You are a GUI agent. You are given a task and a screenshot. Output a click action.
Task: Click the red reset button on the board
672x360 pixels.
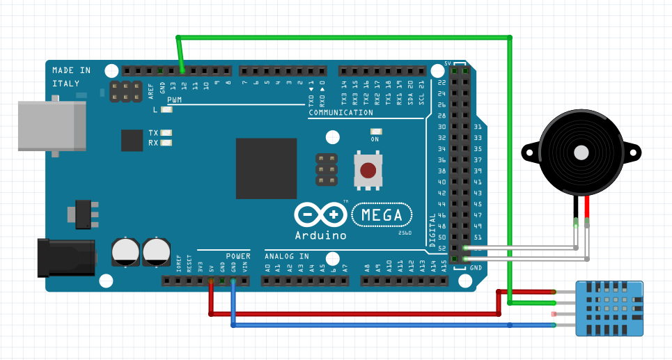pos(368,170)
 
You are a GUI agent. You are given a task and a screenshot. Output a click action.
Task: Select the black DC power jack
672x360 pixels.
pos(65,256)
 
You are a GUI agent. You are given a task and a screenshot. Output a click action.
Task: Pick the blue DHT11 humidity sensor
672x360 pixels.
pos(608,308)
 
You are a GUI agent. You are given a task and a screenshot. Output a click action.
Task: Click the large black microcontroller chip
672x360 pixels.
pos(266,168)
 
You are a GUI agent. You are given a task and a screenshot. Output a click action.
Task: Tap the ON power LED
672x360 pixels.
pos(376,131)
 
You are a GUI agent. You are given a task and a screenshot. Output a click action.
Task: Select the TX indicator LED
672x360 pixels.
pos(166,132)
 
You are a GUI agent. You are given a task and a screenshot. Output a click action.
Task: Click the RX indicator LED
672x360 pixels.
pos(166,143)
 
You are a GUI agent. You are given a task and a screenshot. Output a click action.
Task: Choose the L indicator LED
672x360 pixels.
pos(166,109)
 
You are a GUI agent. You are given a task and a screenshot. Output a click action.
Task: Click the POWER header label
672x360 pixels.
pos(237,256)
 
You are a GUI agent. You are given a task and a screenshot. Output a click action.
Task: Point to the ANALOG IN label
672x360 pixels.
pos(286,256)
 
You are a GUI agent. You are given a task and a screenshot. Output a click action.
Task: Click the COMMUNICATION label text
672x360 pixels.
pos(341,112)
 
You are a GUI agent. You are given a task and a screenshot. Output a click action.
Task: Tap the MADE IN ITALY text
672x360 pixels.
pos(71,77)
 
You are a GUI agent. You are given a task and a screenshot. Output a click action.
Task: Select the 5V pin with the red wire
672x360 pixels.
pos(211,281)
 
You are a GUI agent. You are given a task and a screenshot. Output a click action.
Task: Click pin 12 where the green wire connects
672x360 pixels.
pos(182,71)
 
